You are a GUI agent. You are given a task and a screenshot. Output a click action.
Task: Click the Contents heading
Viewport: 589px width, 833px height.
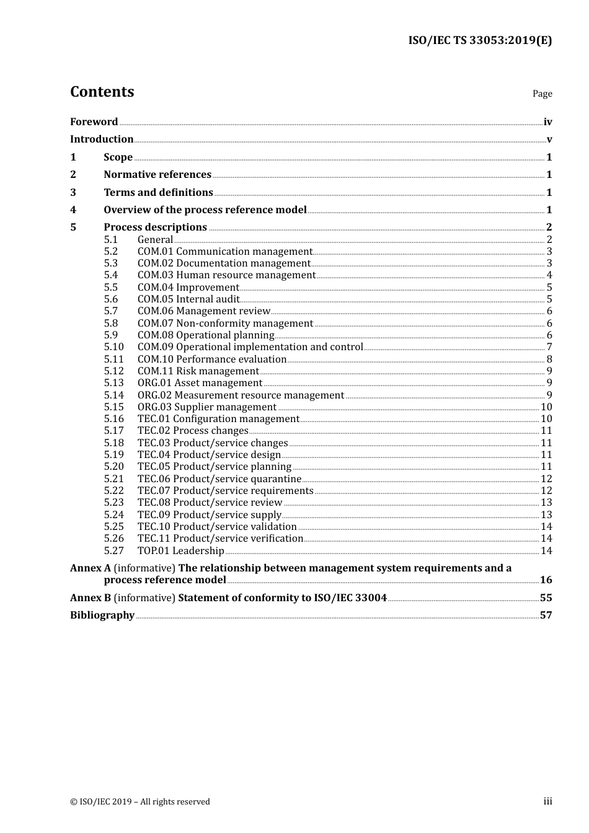pos(102,92)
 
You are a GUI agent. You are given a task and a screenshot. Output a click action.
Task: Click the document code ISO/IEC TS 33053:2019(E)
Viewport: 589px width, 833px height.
pos(479,40)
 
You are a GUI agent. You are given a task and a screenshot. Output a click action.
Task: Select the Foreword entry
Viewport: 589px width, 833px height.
pos(94,121)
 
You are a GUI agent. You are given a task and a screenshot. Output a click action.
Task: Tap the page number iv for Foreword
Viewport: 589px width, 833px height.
pos(547,121)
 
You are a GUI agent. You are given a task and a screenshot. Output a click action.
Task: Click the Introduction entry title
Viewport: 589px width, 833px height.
pos(102,139)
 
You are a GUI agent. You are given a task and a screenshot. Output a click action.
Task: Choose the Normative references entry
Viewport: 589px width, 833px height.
pos(157,174)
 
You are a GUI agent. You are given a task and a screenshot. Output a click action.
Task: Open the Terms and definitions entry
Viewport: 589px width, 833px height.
pos(158,192)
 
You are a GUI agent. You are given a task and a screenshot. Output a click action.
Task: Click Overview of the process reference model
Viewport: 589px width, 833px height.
pos(205,209)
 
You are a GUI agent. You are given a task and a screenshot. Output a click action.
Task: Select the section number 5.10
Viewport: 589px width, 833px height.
pos(113,347)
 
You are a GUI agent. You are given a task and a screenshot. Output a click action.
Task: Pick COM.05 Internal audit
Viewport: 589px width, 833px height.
pos(188,299)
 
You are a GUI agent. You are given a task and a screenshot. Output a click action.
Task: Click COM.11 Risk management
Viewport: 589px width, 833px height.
pos(198,371)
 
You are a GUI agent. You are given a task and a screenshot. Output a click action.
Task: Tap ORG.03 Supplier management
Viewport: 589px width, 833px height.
pos(207,407)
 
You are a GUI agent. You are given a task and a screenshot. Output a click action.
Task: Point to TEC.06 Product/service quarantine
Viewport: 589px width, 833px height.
pos(219,478)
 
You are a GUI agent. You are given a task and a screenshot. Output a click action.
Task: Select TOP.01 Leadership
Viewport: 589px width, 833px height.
pos(181,550)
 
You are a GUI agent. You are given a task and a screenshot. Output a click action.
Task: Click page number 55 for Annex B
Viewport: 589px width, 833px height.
pos(546,597)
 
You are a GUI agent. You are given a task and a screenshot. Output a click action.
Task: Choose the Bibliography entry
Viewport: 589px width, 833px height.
pos(102,615)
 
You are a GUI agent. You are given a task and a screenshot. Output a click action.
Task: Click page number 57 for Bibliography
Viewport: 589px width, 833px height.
pos(546,615)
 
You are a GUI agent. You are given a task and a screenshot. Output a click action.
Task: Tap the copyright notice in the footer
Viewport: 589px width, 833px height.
pos(140,801)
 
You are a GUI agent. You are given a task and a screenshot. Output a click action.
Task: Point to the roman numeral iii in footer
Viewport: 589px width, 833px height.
pos(547,801)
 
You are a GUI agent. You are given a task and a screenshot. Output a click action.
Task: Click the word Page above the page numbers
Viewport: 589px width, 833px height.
pos(542,94)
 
